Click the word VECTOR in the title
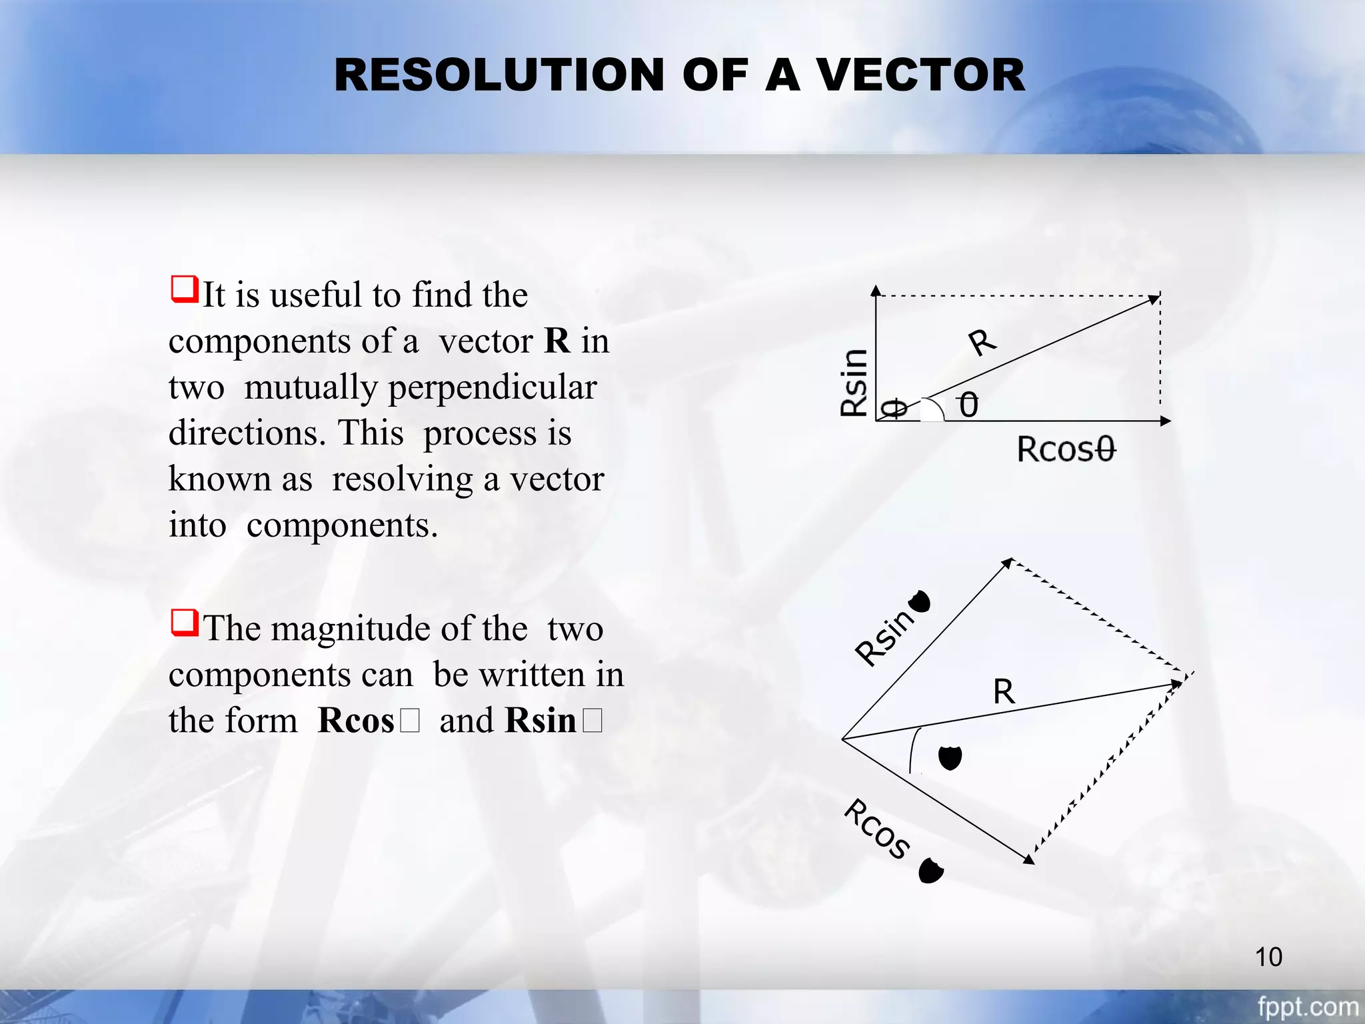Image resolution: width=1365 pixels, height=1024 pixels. (920, 75)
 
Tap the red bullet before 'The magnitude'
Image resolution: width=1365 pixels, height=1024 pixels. (185, 623)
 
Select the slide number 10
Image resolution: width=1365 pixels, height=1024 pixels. (1268, 957)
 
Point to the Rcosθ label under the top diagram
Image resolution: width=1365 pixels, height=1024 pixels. (1066, 449)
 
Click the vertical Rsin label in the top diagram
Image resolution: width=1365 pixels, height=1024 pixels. (854, 383)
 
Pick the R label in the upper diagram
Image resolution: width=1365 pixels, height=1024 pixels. (982, 342)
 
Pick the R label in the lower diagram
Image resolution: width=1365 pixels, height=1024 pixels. (1004, 691)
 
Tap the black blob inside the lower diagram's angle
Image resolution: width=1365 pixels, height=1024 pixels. (950, 758)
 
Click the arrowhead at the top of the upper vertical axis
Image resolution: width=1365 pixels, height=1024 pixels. (876, 290)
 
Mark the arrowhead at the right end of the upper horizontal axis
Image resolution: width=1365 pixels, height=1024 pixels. (1165, 421)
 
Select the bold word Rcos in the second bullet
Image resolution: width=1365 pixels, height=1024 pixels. (357, 720)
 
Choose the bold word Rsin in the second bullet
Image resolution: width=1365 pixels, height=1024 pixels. (541, 720)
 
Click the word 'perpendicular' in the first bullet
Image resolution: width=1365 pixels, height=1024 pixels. (492, 388)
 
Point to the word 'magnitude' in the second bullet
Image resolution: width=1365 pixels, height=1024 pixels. (365, 628)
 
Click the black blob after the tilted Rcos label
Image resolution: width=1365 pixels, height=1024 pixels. (930, 871)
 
